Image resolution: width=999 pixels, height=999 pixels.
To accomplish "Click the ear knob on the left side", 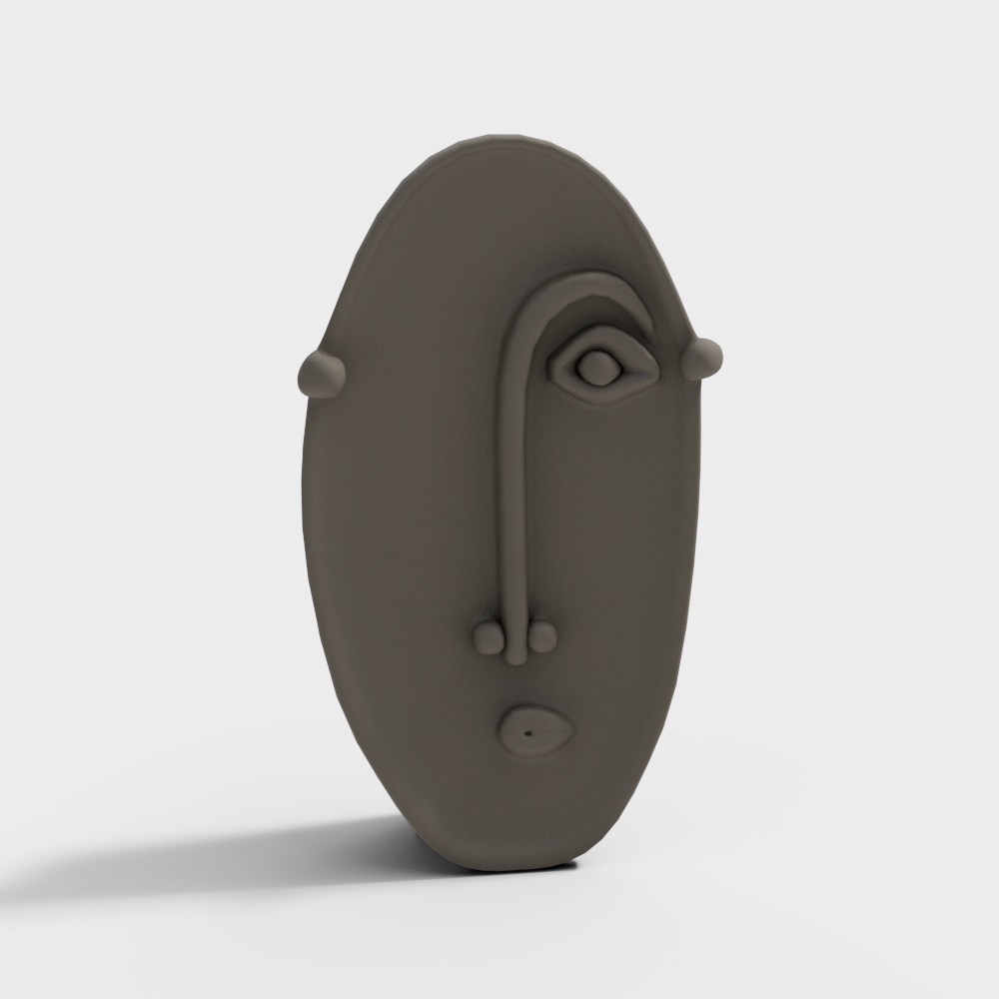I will pos(321,372).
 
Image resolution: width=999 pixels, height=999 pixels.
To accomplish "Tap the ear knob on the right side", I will pos(703,357).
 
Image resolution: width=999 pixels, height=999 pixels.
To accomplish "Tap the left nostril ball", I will pos(489,636).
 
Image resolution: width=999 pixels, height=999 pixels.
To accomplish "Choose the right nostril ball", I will pos(540,636).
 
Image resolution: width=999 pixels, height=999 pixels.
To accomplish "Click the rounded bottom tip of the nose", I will pos(514,658).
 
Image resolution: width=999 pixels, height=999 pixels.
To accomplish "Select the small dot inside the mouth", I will pos(526,734).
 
